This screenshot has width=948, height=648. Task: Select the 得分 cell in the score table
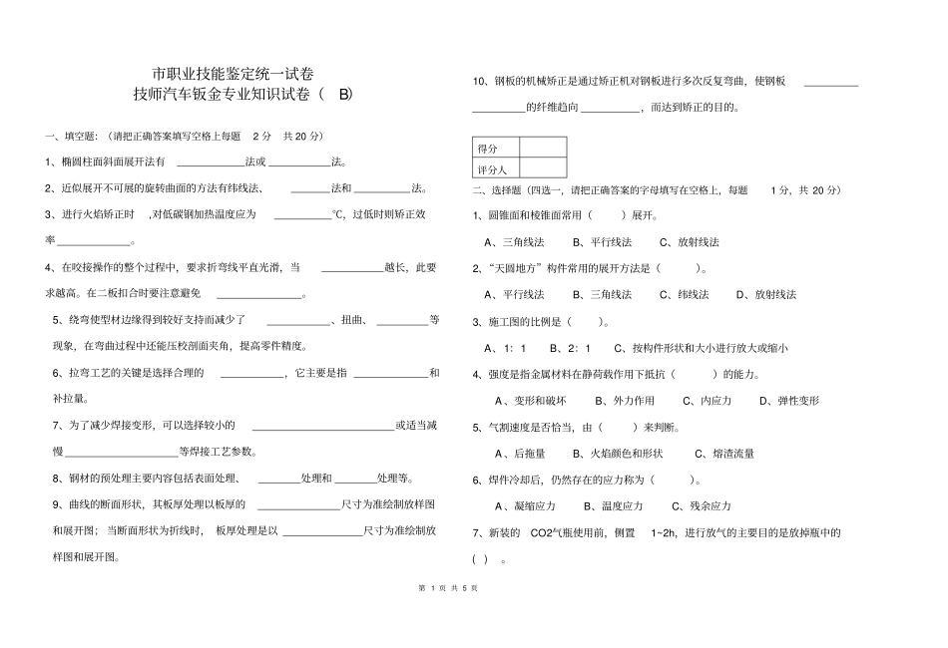pyautogui.click(x=488, y=149)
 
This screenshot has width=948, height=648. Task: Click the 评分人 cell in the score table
pyautogui.click(x=493, y=170)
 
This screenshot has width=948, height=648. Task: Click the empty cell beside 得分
pyautogui.click(x=542, y=149)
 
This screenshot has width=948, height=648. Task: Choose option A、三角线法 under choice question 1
pyautogui.click(x=514, y=242)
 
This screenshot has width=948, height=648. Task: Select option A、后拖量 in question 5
pyautogui.click(x=525, y=454)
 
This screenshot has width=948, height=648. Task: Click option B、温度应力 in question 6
pyautogui.click(x=613, y=506)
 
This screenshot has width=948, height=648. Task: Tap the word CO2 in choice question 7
pyautogui.click(x=542, y=533)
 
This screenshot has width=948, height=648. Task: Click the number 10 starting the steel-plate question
pyautogui.click(x=478, y=82)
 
